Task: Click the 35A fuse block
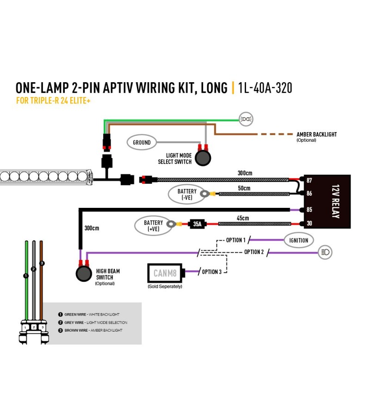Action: (x=197, y=224)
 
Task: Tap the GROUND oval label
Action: (x=142, y=142)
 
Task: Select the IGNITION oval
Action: (x=299, y=240)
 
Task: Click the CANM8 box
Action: (x=165, y=273)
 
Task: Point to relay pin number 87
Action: (x=309, y=180)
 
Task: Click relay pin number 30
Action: (x=309, y=224)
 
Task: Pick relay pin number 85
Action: (x=309, y=210)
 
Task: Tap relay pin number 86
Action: (x=309, y=194)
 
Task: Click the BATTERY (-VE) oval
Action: (x=187, y=194)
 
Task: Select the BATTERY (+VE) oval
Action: (x=154, y=226)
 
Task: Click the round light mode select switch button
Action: (x=203, y=158)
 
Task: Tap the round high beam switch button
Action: (x=84, y=273)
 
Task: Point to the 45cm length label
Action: (x=243, y=218)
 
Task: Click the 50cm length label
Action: (x=244, y=188)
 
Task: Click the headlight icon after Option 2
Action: (x=325, y=252)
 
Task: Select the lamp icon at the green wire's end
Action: (x=246, y=119)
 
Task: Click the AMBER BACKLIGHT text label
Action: (x=316, y=134)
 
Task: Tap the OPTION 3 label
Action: (x=211, y=272)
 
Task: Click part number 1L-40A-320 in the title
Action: (x=265, y=88)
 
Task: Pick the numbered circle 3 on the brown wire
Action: (x=42, y=263)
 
